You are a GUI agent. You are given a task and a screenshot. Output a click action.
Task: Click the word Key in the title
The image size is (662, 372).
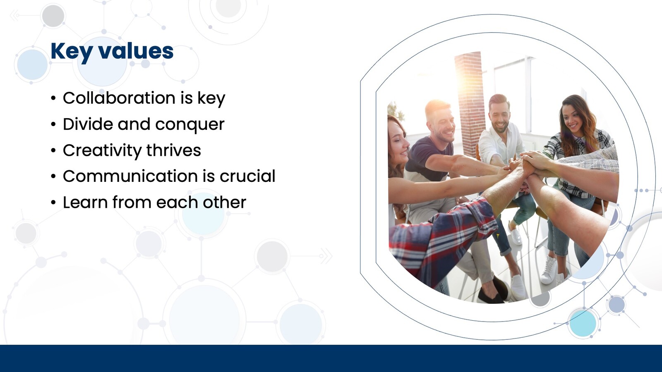click(x=71, y=52)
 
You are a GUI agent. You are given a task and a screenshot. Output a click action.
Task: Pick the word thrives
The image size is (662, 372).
click(x=173, y=150)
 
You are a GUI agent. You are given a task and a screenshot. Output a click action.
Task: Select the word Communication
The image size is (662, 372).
click(x=130, y=176)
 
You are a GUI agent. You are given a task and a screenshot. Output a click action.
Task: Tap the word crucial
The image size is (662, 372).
click(x=247, y=176)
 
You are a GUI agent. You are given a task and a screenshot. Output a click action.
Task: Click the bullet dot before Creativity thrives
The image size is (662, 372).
click(x=53, y=150)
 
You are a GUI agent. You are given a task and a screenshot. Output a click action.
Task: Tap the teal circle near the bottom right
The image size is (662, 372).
click(x=583, y=323)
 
